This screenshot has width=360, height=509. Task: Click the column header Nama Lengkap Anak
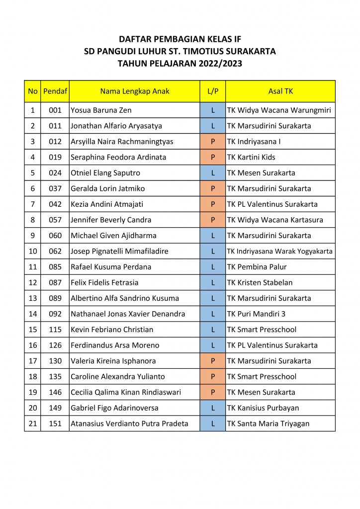tap(135, 91)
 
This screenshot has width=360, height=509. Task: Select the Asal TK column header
tap(280, 91)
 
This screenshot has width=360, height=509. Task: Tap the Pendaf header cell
tap(55, 91)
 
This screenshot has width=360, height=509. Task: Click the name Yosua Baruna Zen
tap(101, 110)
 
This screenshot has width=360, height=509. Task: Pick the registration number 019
tap(55, 157)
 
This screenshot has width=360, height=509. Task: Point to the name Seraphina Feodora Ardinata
tap(118, 157)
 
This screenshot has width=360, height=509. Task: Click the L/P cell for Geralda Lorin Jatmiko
tap(213, 188)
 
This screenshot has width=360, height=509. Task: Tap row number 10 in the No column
tap(33, 251)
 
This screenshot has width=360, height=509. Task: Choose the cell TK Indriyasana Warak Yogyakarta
tap(280, 251)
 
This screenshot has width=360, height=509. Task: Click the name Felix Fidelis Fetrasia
tap(104, 282)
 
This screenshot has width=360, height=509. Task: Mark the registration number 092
tap(55, 314)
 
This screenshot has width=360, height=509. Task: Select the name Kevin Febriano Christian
tap(112, 330)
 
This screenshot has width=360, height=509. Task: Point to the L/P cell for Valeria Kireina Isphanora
tap(213, 361)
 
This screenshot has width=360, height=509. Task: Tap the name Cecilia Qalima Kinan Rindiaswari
tap(126, 392)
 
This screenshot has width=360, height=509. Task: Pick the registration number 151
tap(55, 424)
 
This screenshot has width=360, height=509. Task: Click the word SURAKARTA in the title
tap(251, 51)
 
